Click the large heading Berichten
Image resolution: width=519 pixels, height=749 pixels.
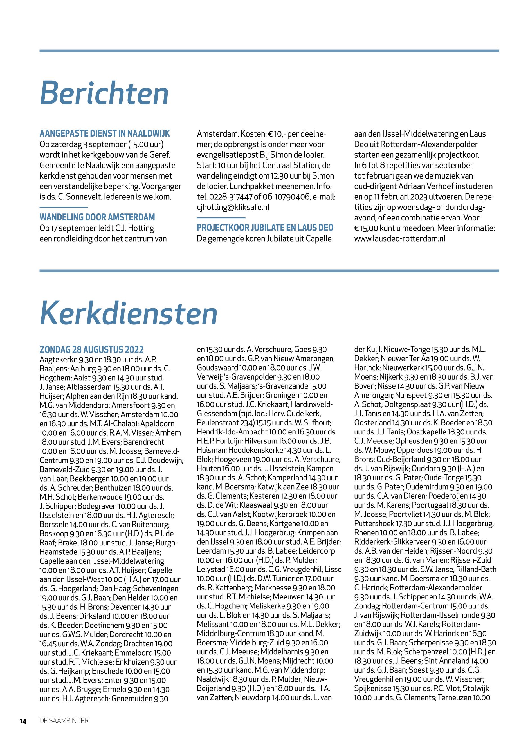104,93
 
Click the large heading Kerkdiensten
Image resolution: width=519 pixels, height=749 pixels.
129,313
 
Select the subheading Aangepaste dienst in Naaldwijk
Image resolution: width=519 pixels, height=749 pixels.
105,133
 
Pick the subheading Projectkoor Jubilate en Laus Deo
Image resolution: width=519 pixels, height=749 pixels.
265,228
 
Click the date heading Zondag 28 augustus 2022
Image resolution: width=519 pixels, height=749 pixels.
91,350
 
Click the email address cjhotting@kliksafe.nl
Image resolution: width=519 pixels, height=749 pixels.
233,207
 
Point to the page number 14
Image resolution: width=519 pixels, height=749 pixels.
23,721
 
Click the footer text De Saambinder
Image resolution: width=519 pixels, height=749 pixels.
64,721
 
